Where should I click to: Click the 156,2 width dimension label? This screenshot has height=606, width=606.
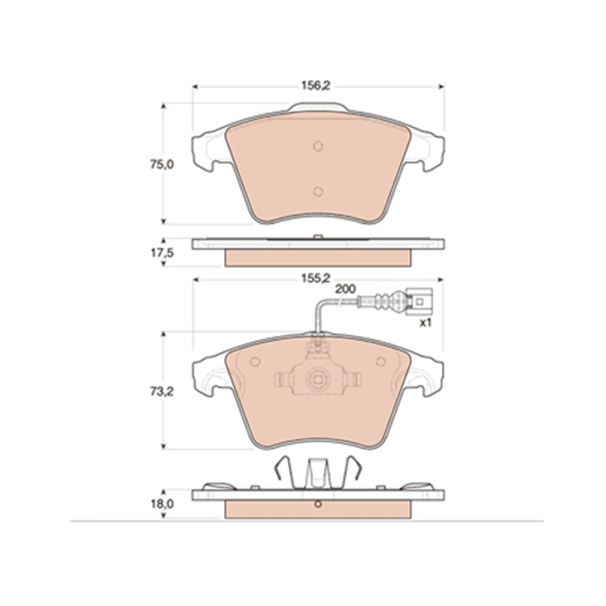(316, 86)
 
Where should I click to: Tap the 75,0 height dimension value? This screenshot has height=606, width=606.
(162, 165)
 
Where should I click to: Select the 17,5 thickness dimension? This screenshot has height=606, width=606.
(162, 253)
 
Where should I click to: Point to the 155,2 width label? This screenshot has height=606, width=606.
(316, 278)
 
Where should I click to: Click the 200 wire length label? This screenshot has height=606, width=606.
(345, 289)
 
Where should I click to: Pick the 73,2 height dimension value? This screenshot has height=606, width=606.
(162, 392)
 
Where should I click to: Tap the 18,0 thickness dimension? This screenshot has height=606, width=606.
(162, 504)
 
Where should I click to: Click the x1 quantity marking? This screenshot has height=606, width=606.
(425, 323)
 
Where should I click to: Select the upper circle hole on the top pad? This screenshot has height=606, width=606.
(318, 146)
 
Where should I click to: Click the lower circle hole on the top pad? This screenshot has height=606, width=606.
(318, 191)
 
